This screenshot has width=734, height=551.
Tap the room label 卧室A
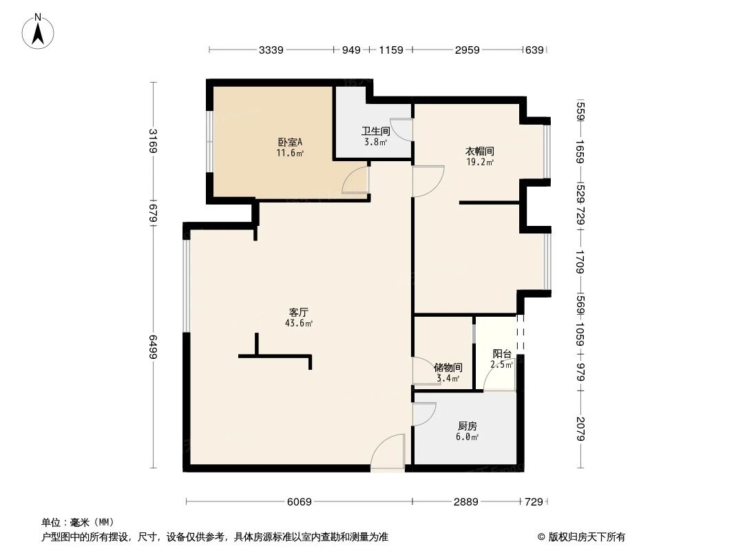point(286,143)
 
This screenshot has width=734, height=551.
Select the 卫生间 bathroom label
point(375,131)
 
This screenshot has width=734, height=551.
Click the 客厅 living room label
point(299,312)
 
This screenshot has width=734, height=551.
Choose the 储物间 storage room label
point(448,367)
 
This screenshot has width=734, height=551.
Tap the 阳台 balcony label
point(501,354)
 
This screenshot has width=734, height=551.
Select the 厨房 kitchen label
point(467,426)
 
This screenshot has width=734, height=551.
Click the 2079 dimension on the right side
point(580,428)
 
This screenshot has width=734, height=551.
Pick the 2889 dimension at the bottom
point(465,502)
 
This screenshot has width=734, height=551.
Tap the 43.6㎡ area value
point(299,322)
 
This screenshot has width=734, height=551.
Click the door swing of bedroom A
point(357,181)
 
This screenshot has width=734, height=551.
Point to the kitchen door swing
point(423,413)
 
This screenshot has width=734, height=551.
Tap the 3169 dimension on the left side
point(154,142)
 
